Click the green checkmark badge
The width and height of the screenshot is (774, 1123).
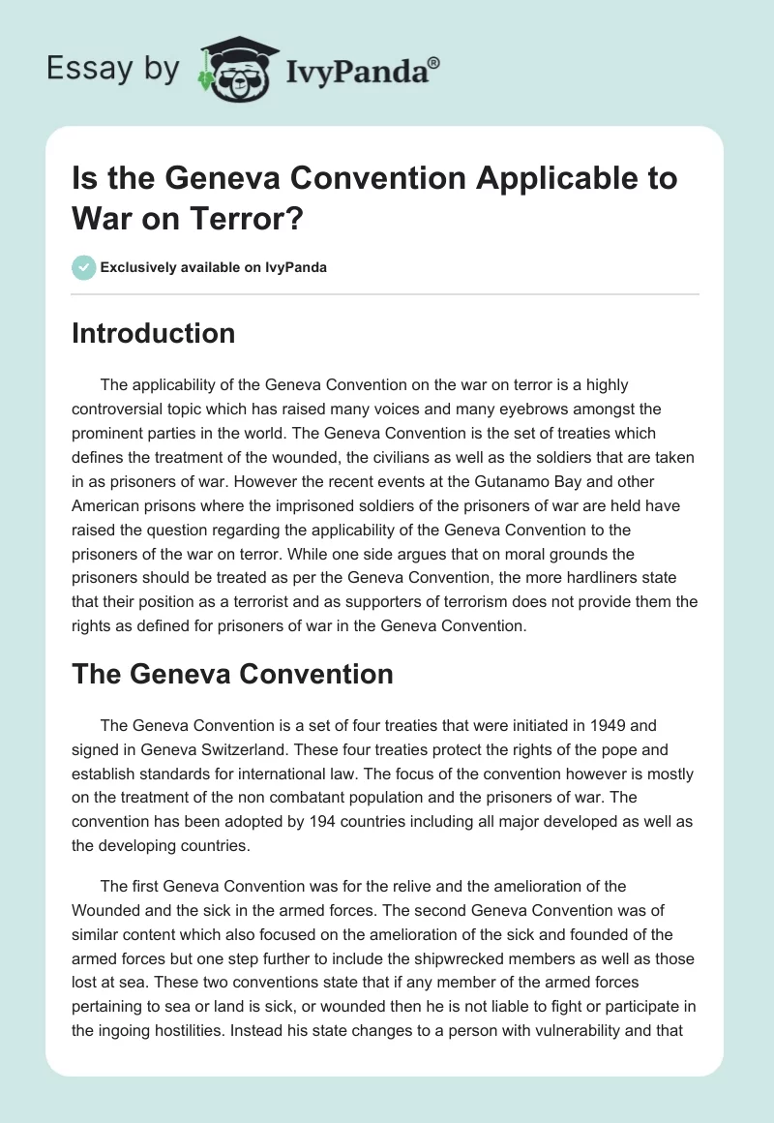[x=84, y=267]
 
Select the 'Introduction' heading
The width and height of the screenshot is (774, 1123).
[x=154, y=333]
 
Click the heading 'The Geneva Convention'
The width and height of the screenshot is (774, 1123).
[x=232, y=674]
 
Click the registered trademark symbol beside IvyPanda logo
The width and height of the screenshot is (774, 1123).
[x=434, y=61]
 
